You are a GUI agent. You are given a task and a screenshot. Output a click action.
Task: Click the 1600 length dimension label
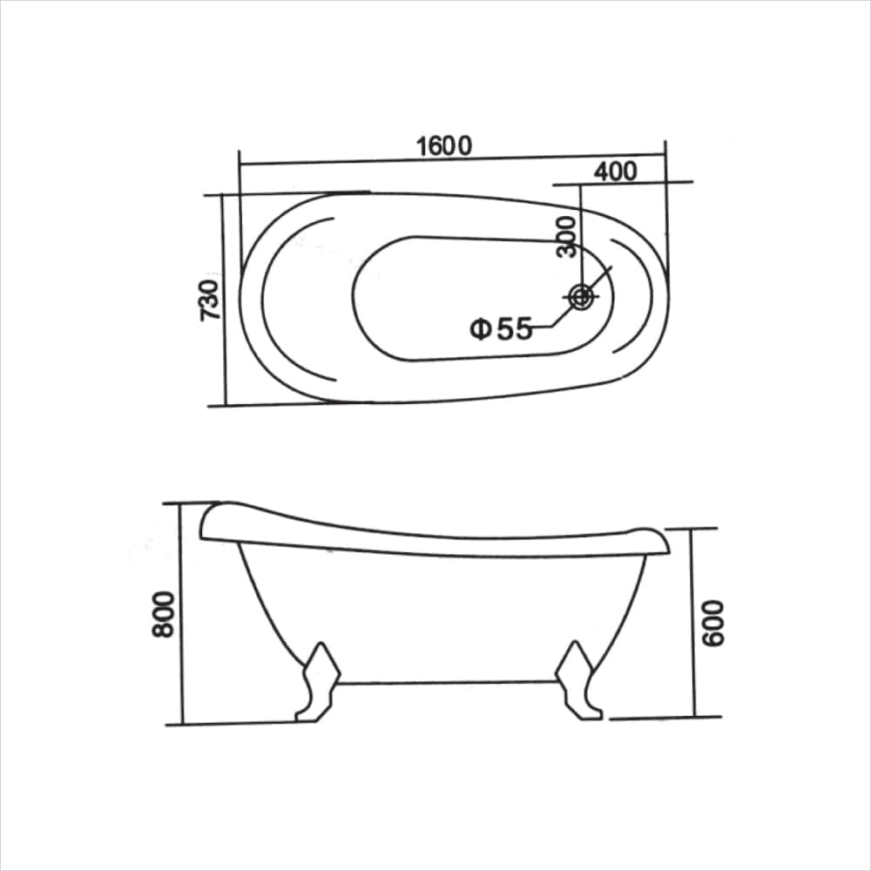(x=444, y=146)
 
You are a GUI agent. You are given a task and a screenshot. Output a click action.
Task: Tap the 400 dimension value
(x=615, y=172)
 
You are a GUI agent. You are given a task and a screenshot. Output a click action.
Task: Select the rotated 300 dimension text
(x=567, y=237)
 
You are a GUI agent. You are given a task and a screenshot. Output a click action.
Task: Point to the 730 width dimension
(x=210, y=300)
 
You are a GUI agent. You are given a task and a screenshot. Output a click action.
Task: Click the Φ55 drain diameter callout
(x=501, y=329)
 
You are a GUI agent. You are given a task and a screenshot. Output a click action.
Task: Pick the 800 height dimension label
(x=164, y=614)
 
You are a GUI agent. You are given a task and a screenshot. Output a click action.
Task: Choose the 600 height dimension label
(x=713, y=624)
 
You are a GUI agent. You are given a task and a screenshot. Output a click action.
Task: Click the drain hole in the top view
(x=581, y=296)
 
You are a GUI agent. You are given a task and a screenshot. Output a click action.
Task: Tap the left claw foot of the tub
(x=318, y=682)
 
